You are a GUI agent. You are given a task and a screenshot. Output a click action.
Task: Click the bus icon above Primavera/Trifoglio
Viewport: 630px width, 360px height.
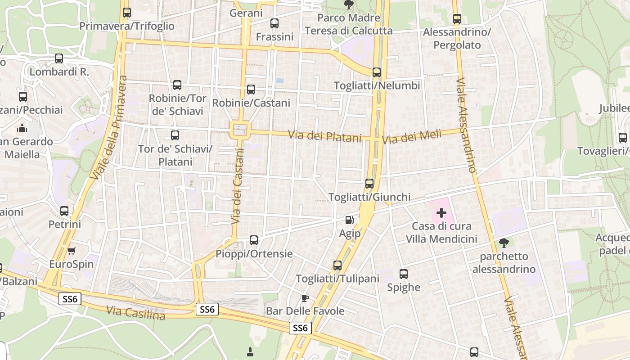(x=127, y=13)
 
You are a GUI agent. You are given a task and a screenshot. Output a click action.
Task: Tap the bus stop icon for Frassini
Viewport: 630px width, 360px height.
(x=274, y=23)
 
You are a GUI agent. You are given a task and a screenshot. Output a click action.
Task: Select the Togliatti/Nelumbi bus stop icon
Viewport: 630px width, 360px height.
(x=377, y=72)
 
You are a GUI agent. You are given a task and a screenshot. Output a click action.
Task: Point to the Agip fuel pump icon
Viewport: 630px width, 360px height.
(x=350, y=220)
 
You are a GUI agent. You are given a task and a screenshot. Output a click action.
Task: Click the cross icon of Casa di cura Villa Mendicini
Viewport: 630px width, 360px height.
(x=441, y=212)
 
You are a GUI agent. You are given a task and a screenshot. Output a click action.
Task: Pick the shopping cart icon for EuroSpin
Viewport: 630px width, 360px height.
(x=72, y=251)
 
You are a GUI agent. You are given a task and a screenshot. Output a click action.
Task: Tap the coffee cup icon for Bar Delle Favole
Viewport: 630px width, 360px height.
(x=305, y=298)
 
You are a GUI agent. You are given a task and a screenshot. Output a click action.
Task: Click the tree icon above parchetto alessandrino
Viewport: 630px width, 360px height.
(x=504, y=243)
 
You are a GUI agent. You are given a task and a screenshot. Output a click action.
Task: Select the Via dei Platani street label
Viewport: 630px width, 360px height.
(x=324, y=135)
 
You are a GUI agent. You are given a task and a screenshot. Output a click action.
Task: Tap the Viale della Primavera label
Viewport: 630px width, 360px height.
(x=108, y=128)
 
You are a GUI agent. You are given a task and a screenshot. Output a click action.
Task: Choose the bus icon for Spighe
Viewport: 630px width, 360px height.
(x=404, y=274)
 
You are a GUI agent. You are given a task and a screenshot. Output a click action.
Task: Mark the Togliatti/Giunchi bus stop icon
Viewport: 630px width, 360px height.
(x=369, y=184)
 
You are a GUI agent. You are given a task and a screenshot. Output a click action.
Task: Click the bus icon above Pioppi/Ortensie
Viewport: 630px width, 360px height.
(x=254, y=240)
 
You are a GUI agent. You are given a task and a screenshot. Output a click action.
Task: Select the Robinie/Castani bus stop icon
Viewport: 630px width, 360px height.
(x=251, y=90)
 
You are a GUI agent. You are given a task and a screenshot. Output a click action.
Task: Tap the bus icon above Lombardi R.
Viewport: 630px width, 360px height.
(x=59, y=58)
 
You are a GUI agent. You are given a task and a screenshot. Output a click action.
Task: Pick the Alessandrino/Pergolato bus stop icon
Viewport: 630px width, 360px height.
(x=457, y=19)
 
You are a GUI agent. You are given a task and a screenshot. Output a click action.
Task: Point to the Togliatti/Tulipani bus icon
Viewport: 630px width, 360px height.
(x=337, y=265)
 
